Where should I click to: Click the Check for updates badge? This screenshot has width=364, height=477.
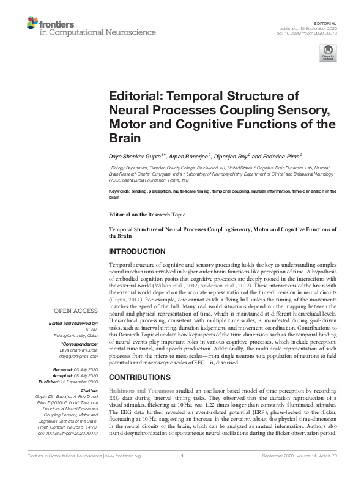tap(329, 54)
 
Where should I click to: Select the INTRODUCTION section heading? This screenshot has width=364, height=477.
tap(137, 251)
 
